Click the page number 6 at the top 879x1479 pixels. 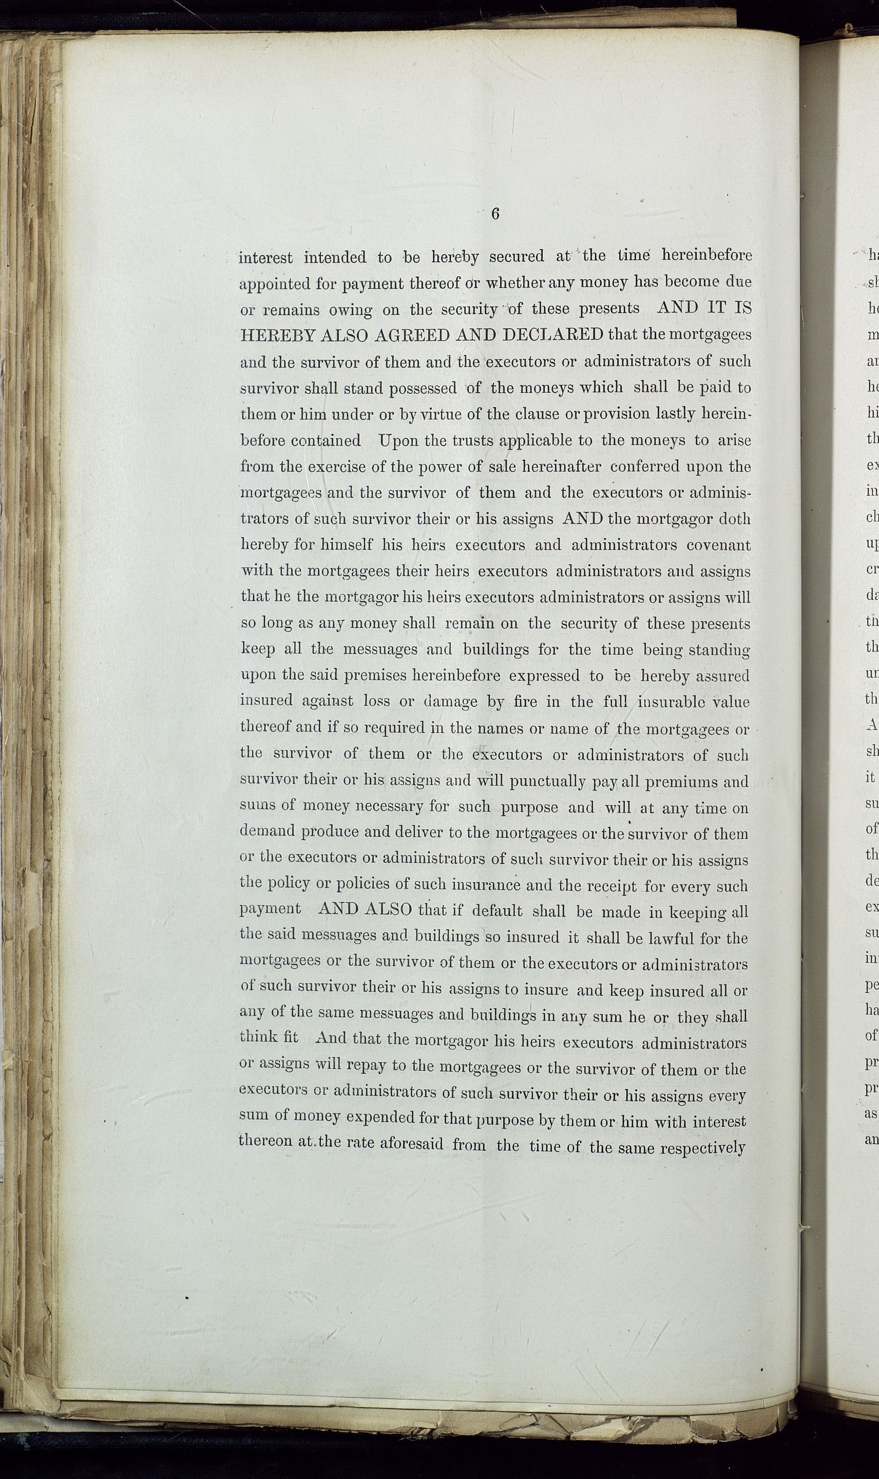click(x=495, y=215)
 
